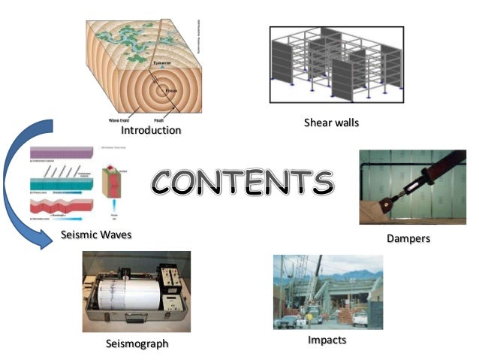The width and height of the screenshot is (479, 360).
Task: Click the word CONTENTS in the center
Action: [x=243, y=180]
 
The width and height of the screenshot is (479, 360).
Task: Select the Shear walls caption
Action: [x=331, y=123]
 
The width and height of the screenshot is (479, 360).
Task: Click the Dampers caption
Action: [x=408, y=238]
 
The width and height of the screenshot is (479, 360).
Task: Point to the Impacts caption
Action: [x=327, y=340]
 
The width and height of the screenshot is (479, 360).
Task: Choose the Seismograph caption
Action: [x=137, y=343]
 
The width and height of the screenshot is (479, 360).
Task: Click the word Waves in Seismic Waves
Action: [x=113, y=235]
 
